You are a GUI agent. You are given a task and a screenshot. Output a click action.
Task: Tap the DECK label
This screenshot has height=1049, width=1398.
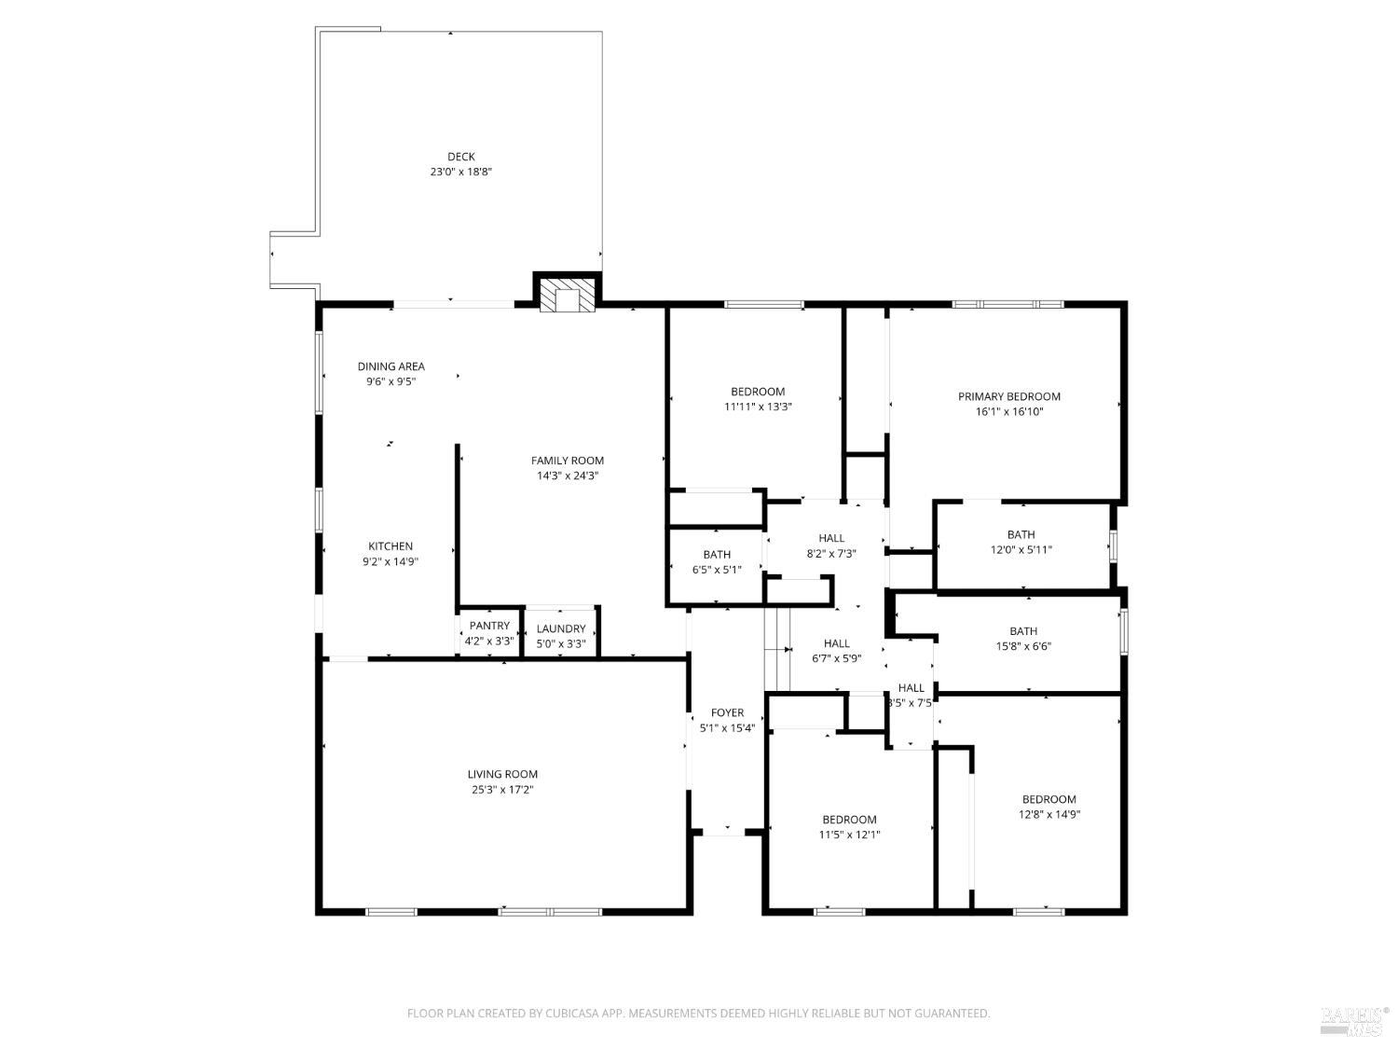(460, 157)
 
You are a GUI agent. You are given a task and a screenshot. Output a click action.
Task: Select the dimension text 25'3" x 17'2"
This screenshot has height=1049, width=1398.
(502, 790)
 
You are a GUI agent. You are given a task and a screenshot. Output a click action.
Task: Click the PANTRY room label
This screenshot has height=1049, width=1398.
(489, 626)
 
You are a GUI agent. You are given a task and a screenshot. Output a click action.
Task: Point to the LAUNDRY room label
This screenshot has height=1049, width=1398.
(561, 628)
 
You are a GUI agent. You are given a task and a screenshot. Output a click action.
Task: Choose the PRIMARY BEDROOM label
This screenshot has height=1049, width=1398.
(1009, 396)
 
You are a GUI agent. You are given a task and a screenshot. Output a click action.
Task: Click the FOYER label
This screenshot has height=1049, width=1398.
(727, 713)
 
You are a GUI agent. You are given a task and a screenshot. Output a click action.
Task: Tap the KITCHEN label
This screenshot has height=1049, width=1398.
(391, 546)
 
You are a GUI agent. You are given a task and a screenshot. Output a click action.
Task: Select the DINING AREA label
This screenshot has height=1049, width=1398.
(391, 366)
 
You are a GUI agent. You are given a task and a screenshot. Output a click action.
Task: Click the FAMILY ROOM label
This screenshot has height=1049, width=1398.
(567, 461)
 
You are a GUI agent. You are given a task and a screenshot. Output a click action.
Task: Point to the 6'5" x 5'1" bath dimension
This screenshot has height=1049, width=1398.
(717, 570)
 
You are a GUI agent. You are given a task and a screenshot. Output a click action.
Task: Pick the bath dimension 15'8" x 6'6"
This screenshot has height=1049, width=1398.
(1023, 646)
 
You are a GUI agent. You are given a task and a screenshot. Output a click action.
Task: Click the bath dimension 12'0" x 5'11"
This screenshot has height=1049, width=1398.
(1021, 550)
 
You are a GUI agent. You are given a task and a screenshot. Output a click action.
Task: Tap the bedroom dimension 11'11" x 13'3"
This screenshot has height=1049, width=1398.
(758, 407)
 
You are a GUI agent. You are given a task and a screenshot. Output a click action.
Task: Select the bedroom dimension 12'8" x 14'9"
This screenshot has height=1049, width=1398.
(1049, 814)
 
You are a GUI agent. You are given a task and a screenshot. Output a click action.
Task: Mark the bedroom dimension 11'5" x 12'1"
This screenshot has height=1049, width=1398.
(849, 835)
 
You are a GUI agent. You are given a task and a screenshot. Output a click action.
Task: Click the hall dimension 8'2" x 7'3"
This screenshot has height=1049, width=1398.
(831, 553)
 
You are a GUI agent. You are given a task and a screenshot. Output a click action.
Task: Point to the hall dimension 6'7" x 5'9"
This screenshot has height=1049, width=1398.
(837, 658)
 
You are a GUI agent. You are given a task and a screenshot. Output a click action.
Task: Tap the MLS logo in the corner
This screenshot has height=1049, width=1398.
(1354, 1020)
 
